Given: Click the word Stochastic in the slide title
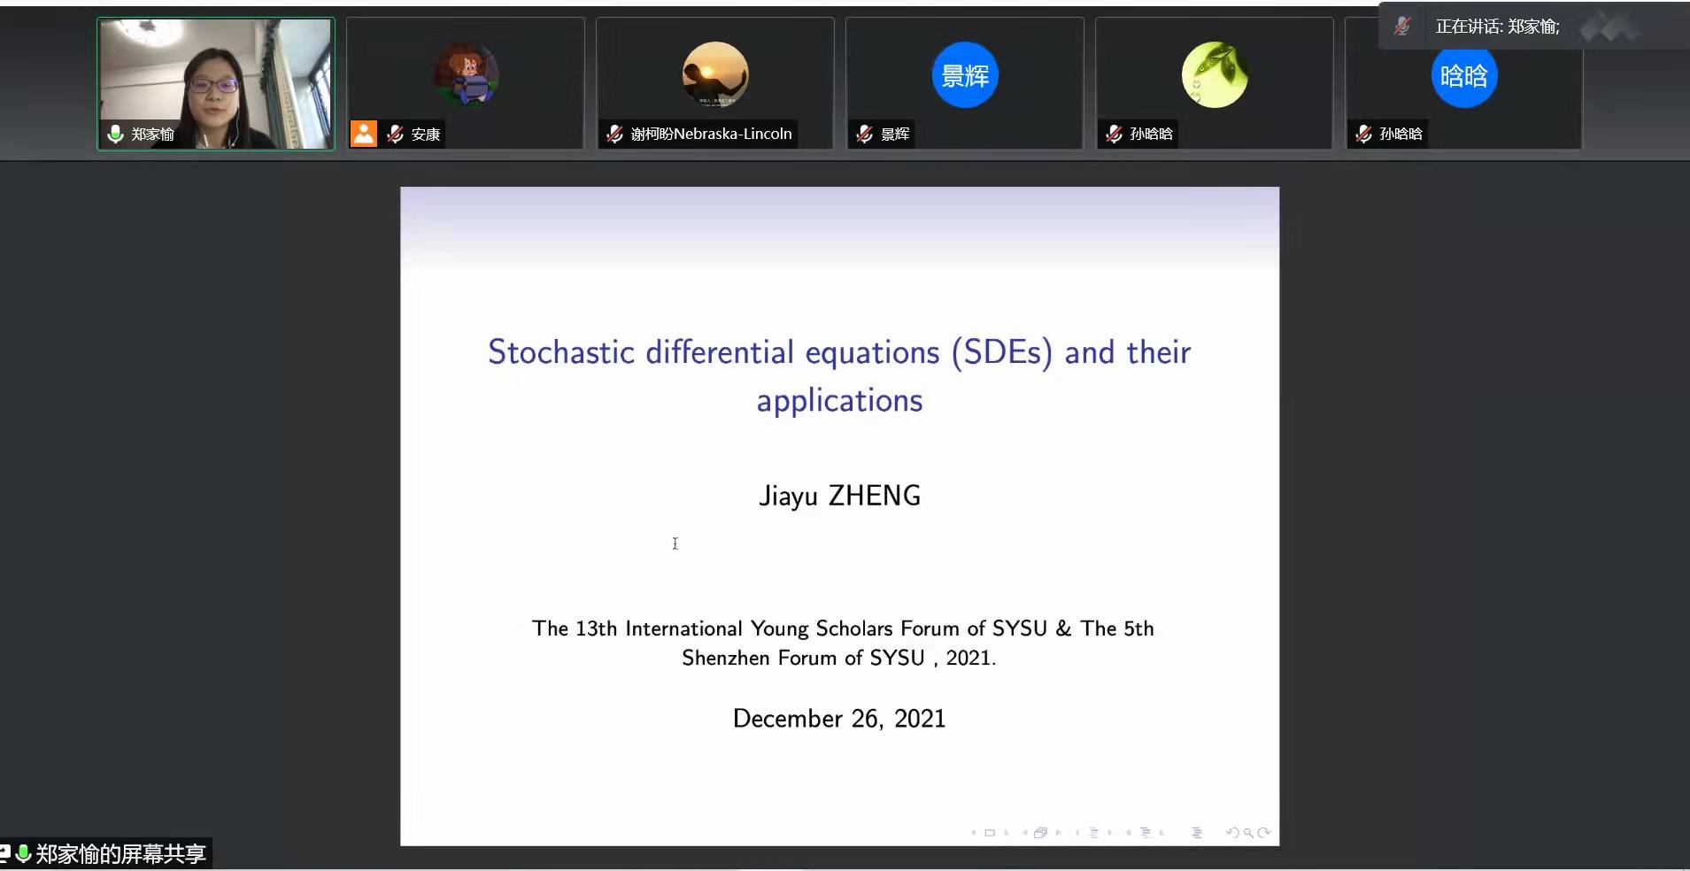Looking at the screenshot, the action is [561, 352].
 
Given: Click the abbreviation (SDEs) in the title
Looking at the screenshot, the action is [1002, 352].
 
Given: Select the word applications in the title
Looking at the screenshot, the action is [839, 401].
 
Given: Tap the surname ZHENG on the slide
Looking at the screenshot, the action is [875, 496].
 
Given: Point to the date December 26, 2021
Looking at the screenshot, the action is [839, 718].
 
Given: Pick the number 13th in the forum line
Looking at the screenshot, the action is [596, 628].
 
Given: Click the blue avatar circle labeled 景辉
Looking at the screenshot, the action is [965, 75].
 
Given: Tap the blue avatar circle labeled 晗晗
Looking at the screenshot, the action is [1464, 75].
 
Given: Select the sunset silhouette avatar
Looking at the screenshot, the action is [715, 75].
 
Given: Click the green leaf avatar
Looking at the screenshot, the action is [1215, 75].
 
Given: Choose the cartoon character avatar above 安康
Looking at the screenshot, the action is [466, 75].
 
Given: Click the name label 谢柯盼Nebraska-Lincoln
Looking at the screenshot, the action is [711, 134].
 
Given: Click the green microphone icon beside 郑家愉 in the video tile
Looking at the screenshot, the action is [115, 134].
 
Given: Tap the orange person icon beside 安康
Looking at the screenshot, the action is [364, 134].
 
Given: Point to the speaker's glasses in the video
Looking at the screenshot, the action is [212, 86].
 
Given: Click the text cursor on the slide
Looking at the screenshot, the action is [675, 543].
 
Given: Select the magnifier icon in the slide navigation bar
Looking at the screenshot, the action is [1248, 832].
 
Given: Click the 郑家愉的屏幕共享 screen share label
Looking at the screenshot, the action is [120, 853].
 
